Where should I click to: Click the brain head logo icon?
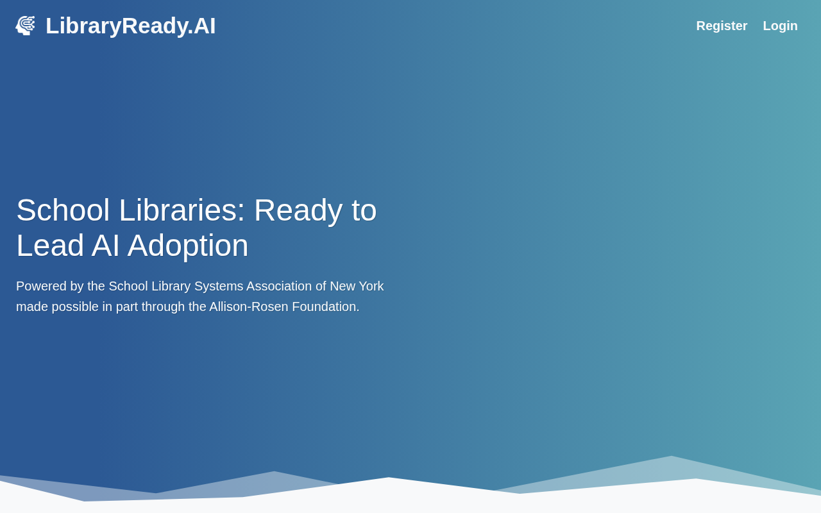[x=25, y=26]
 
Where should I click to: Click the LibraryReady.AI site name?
[x=130, y=26]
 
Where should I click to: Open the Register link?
[x=722, y=26]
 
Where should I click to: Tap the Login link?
[x=780, y=26]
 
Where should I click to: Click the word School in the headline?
[x=63, y=210]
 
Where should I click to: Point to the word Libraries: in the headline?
[x=182, y=210]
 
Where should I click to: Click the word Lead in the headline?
[x=50, y=246]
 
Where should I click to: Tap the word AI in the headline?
[x=106, y=246]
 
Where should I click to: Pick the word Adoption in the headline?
[x=188, y=246]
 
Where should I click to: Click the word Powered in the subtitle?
[x=41, y=286]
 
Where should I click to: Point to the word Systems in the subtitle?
[x=219, y=286]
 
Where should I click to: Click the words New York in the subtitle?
[x=357, y=286]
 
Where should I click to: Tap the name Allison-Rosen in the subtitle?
[x=249, y=307]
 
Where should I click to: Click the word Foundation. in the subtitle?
[x=325, y=307]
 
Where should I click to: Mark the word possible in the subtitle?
[x=75, y=307]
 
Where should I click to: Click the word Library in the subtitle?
[x=171, y=287]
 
